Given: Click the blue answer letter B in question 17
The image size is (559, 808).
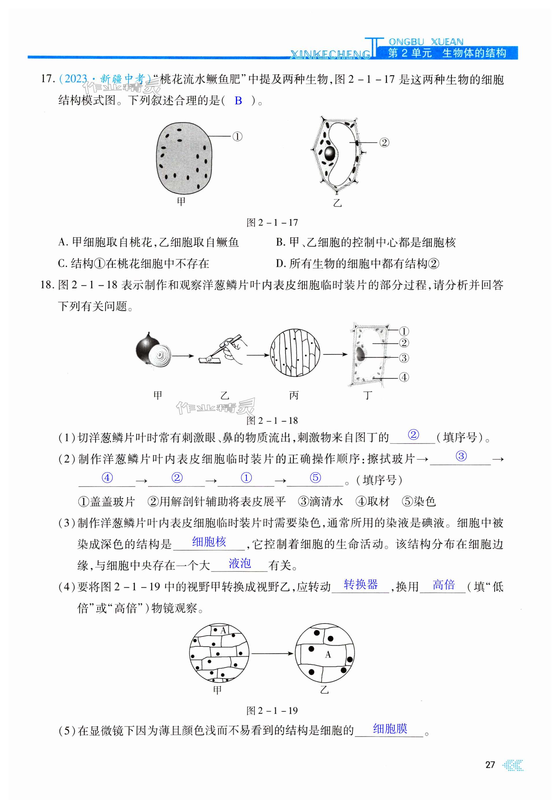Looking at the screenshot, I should point(238,101).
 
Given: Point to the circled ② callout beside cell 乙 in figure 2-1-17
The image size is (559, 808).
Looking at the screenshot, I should point(384,142).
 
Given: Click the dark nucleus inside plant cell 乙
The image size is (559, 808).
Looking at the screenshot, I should point(330,153).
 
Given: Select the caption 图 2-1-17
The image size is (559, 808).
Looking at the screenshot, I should point(272,223).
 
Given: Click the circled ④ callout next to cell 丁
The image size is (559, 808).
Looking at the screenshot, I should point(404,377).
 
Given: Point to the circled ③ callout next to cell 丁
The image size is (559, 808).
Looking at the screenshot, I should point(404,358).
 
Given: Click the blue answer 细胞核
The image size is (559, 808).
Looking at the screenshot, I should point(209,542).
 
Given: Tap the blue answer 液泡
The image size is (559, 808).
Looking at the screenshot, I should point(240,563).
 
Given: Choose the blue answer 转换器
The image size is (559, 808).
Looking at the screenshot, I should point(360,584).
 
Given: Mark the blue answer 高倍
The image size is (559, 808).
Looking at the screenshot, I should point(443,585).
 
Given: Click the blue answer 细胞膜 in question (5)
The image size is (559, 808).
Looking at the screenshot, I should point(390,729).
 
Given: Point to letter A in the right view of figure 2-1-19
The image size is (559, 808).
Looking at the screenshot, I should point(328,654).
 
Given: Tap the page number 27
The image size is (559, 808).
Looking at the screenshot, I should point(490,765).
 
